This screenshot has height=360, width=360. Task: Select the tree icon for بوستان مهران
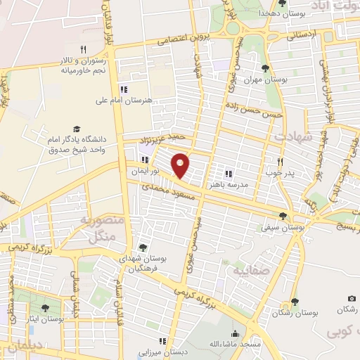[265, 68]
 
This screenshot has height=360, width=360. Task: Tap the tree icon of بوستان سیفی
[283, 216]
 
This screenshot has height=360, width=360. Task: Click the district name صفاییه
[238, 269]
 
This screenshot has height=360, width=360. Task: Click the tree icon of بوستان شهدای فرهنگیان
[143, 247]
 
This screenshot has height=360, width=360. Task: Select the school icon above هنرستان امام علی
[124, 89]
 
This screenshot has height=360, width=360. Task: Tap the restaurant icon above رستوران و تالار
[83, 49]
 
